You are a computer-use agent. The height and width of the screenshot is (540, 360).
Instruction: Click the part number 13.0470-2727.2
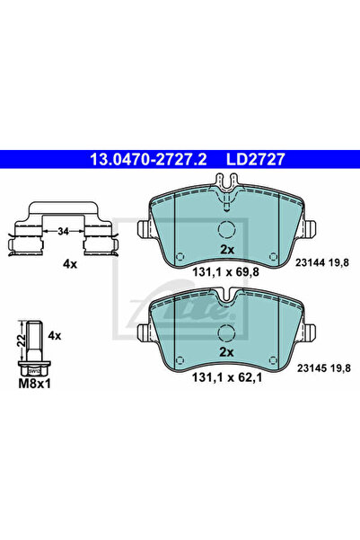click(148, 159)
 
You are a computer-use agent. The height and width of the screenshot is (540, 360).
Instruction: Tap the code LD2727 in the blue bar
click(255, 159)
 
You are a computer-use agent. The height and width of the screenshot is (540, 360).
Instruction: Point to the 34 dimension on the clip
click(64, 232)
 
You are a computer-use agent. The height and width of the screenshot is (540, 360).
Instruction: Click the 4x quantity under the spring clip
click(70, 264)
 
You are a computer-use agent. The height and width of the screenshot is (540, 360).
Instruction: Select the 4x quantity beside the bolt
click(55, 335)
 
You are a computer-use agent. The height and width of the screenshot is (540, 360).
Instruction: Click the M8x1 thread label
click(34, 384)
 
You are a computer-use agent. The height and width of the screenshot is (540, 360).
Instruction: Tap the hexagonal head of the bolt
click(34, 368)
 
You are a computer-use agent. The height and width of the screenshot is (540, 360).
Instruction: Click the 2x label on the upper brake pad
click(227, 250)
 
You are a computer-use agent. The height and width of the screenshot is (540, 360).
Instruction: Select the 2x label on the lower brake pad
click(226, 352)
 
